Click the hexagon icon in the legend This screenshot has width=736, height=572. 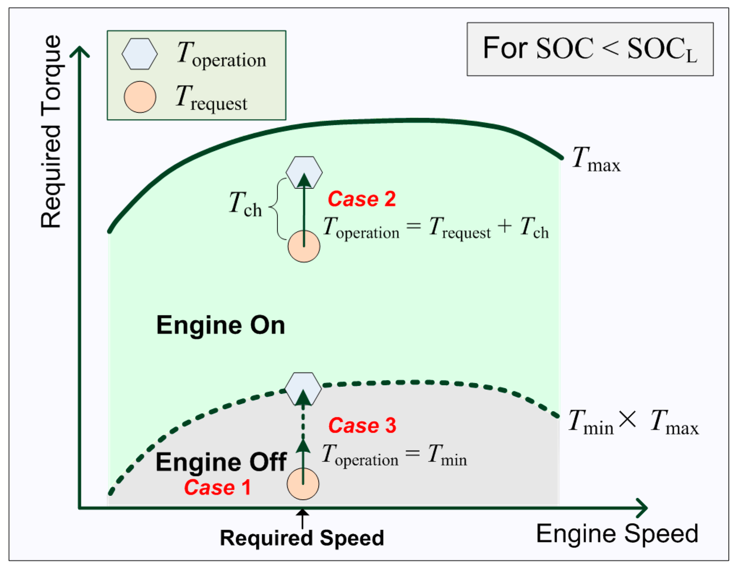click(140, 54)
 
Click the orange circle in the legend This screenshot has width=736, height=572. click(140, 97)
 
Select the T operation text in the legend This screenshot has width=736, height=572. click(221, 55)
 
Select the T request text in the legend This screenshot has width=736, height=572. click(212, 98)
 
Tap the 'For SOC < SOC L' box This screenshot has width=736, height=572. click(590, 49)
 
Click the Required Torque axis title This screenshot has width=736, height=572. click(51, 132)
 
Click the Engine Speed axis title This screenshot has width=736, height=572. click(617, 534)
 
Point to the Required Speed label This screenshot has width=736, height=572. click(302, 538)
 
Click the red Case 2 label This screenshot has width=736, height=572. click(361, 199)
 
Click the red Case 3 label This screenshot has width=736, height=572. click(362, 425)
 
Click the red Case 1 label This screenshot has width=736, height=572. click(218, 487)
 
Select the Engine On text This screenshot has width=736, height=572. click(221, 325)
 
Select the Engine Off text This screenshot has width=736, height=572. click(221, 462)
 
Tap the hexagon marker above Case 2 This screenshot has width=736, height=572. click(304, 172)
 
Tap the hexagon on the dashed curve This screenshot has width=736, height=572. click(303, 389)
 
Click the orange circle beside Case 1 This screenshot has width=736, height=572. click(303, 484)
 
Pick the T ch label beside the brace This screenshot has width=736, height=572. click(245, 205)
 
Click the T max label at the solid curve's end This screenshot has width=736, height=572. click(596, 159)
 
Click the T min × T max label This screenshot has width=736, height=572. click(633, 422)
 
